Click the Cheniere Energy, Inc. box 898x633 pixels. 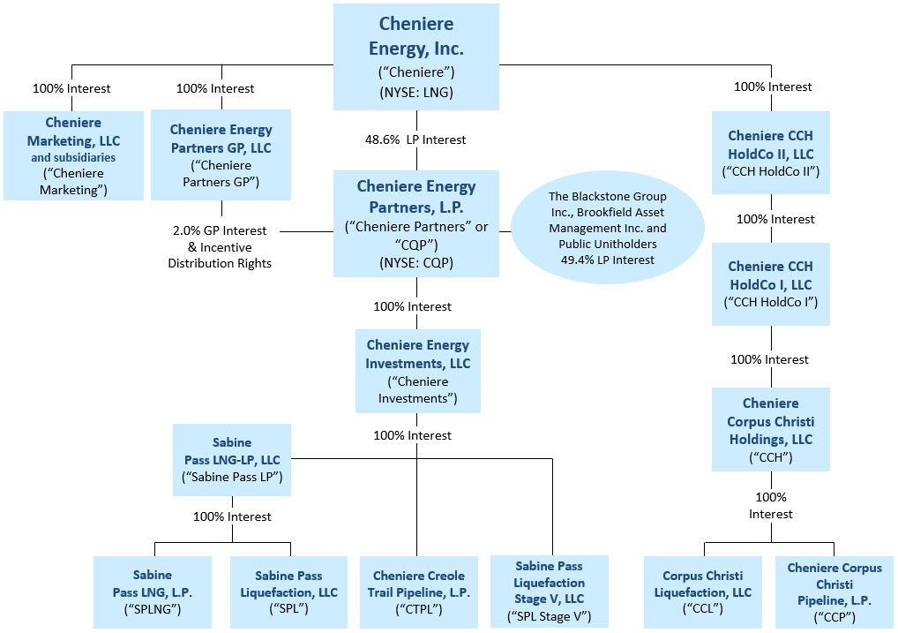(x=415, y=57)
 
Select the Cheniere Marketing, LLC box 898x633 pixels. (x=74, y=155)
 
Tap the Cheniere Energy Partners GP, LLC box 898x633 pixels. (x=221, y=155)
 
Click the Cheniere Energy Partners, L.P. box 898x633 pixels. (x=415, y=223)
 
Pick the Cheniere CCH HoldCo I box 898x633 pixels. (x=770, y=284)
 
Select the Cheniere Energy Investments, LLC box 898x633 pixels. (x=417, y=371)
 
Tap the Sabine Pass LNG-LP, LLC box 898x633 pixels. (x=232, y=459)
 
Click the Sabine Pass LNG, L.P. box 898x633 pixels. (x=153, y=591)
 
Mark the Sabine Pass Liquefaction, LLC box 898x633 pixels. (x=289, y=591)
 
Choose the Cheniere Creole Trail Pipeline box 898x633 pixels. (x=418, y=591)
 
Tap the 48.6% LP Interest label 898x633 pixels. (x=415, y=139)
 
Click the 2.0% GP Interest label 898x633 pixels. (x=220, y=231)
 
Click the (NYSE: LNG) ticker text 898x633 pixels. (x=415, y=91)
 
